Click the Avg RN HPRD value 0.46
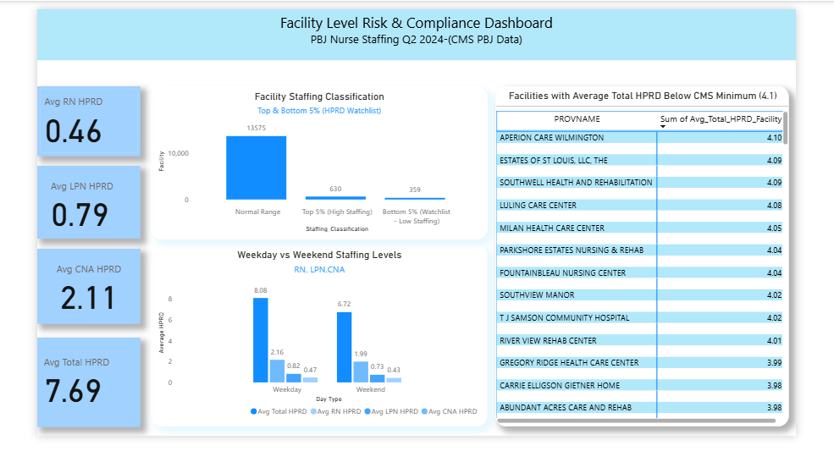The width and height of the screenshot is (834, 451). (x=73, y=132)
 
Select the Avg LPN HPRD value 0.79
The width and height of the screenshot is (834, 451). (x=80, y=215)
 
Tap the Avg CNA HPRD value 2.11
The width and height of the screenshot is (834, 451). (x=88, y=298)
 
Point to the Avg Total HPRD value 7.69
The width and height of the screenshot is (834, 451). (x=73, y=390)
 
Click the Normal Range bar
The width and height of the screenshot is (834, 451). (x=256, y=168)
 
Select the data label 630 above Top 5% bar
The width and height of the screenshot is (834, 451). (x=335, y=189)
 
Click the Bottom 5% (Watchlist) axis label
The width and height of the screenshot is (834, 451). (x=415, y=216)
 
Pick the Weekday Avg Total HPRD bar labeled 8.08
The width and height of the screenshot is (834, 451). (x=260, y=340)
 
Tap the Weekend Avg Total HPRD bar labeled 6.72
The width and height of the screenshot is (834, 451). (x=344, y=347)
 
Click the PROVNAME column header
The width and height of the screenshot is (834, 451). (x=577, y=119)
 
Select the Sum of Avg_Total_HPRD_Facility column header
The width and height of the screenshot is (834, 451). (x=721, y=119)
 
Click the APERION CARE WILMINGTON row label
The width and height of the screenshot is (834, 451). (x=551, y=137)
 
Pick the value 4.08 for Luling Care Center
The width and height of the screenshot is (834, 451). (x=773, y=205)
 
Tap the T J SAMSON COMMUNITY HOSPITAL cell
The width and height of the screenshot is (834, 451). (x=564, y=318)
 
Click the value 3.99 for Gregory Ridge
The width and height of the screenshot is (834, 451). (x=773, y=363)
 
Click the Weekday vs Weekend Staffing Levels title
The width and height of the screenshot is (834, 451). (x=319, y=255)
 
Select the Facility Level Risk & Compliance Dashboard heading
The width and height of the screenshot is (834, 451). (x=416, y=24)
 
